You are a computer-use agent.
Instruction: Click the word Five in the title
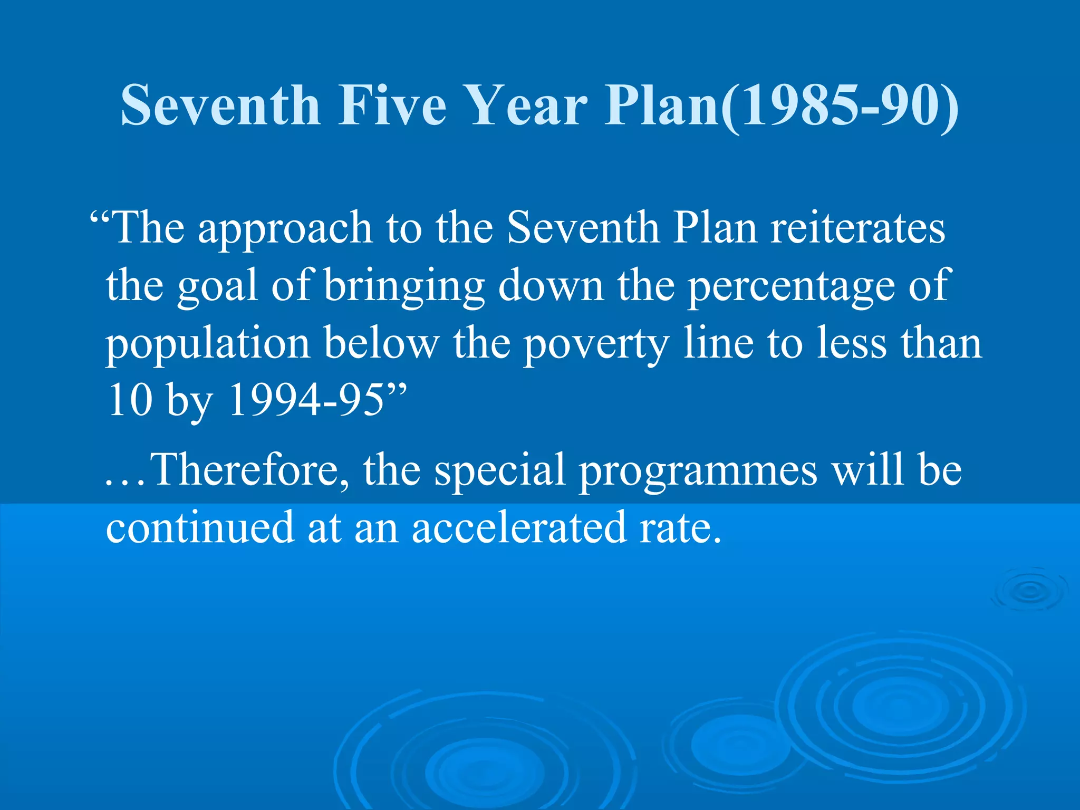[x=392, y=105]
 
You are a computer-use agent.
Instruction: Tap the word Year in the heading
[x=528, y=105]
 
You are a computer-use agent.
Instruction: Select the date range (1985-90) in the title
[x=840, y=106]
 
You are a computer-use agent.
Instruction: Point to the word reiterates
[x=858, y=228]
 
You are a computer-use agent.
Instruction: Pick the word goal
[x=217, y=286]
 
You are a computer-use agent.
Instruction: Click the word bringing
[x=404, y=286]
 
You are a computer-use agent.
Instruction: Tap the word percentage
[x=791, y=286]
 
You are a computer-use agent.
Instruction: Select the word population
[x=208, y=344]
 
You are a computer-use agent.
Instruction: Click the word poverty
[x=596, y=344]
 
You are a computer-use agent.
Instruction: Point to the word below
[x=381, y=343]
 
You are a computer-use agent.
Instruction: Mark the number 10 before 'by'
[x=129, y=400]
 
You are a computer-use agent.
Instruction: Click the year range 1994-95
[x=306, y=400]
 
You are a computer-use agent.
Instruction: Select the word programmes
[x=698, y=471]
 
